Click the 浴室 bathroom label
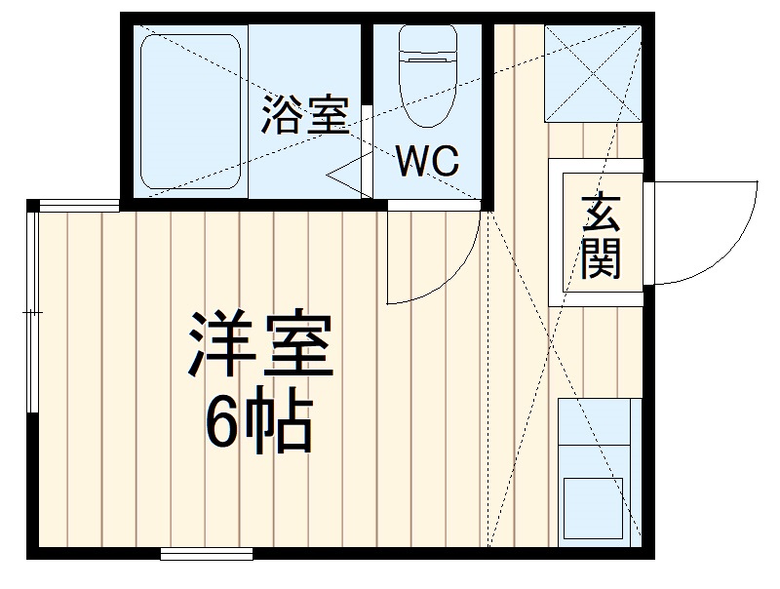304,117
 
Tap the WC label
426,162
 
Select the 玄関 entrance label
601,236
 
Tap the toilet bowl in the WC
427,83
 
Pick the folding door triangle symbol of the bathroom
346,176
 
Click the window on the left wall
32,312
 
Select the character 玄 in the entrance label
601,213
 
